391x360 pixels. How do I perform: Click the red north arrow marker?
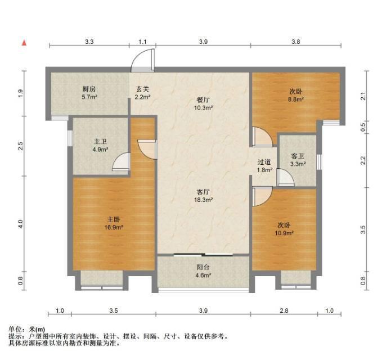click(x=24, y=43)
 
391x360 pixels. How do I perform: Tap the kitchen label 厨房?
click(x=89, y=89)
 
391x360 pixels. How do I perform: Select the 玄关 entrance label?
click(x=142, y=89)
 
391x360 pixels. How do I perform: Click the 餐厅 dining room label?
click(x=203, y=100)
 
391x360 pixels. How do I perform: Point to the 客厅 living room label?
click(x=203, y=192)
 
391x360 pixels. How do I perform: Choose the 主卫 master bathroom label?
click(x=101, y=142)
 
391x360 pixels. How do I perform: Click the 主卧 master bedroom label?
click(x=114, y=219)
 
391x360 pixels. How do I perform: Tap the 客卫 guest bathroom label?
click(x=298, y=156)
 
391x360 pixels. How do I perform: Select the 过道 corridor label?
click(x=264, y=162)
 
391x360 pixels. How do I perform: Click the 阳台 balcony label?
click(x=203, y=267)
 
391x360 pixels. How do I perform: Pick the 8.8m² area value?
click(x=296, y=100)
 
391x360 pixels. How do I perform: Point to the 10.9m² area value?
click(x=284, y=233)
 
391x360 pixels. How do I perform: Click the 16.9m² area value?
click(x=114, y=227)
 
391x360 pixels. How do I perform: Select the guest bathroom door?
click(x=286, y=177)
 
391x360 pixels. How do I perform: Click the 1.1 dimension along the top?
click(x=142, y=42)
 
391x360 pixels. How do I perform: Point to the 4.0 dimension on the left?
click(x=20, y=224)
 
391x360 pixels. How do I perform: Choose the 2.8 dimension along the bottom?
click(x=284, y=310)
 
